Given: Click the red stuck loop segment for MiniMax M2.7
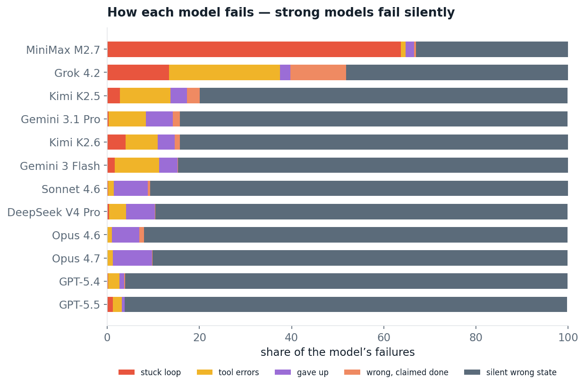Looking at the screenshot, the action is click(254, 49).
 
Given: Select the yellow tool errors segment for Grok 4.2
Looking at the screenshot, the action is click(224, 72).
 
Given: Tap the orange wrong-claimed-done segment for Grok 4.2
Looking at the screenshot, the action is click(318, 72).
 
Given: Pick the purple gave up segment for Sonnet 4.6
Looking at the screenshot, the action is click(131, 188).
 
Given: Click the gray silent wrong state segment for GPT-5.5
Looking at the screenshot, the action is click(346, 304).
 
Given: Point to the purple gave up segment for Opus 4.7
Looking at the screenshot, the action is click(132, 258).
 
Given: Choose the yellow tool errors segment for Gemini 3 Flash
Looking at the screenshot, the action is click(137, 165).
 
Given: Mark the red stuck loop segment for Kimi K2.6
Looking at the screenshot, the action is click(117, 142).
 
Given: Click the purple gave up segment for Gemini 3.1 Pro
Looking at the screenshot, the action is click(159, 119).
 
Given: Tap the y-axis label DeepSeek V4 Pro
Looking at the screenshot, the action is click(53, 212).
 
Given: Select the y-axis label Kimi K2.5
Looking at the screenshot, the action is click(75, 96).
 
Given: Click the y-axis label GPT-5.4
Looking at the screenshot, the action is click(79, 282).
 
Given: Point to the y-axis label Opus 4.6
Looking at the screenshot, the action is click(76, 236).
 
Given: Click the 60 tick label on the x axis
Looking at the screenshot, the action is click(384, 337).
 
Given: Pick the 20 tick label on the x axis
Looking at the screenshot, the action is click(200, 337).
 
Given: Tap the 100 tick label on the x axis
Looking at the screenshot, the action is click(568, 337).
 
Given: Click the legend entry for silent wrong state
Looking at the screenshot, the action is click(510, 372).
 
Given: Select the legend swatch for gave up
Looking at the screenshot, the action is click(282, 372).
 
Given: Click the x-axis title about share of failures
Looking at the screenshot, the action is click(338, 352).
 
